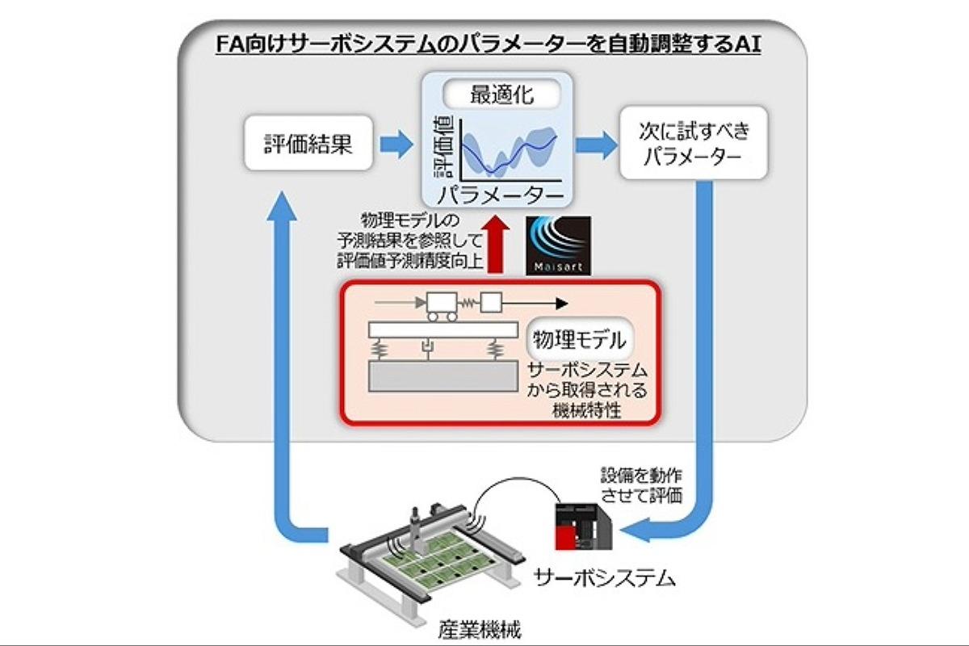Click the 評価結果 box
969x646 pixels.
coord(297,145)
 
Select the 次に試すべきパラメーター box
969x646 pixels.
coord(692,145)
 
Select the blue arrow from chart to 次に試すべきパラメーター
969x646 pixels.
coord(594,145)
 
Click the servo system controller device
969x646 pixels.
coord(580,523)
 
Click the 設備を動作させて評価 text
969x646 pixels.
coord(643,484)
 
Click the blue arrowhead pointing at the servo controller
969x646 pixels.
coord(635,531)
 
